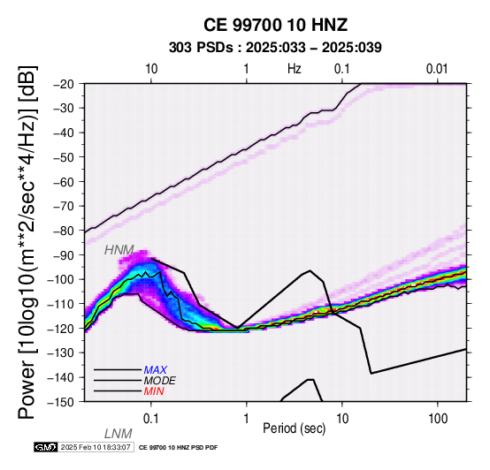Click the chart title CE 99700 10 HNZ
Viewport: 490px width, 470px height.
click(275, 25)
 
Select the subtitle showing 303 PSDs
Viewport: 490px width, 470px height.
click(275, 48)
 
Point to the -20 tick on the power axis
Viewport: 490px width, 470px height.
click(65, 84)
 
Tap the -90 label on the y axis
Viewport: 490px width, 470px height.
click(65, 255)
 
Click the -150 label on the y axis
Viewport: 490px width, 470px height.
click(62, 402)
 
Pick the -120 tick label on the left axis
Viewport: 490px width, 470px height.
click(62, 329)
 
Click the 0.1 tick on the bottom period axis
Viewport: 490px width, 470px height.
click(151, 418)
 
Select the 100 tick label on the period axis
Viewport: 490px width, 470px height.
click(438, 418)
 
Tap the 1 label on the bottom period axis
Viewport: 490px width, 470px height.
click(247, 418)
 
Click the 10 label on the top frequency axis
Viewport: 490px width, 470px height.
click(151, 69)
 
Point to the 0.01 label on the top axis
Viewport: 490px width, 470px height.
click(437, 69)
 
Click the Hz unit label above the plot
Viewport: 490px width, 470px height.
click(295, 69)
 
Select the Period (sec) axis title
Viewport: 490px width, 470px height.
click(294, 428)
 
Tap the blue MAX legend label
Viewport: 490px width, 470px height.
click(156, 370)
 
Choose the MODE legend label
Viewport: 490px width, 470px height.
click(160, 381)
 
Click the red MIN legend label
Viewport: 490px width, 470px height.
click(154, 391)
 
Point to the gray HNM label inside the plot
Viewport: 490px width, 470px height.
click(119, 250)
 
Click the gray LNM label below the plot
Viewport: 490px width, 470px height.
click(119, 434)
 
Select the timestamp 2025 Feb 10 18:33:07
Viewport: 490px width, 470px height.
click(96, 447)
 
